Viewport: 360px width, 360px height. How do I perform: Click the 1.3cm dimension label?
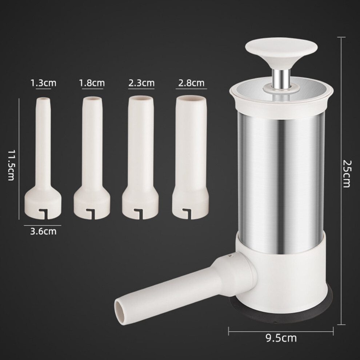pos(43,83)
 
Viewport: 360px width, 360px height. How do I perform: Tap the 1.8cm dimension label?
pos(92,83)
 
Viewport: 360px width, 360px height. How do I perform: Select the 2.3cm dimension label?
pos(141,83)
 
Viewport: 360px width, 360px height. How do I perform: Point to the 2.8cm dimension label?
pos(191,83)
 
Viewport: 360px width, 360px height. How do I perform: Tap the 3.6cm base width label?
pos(43,231)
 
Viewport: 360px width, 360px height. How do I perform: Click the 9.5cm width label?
pos(281,338)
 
